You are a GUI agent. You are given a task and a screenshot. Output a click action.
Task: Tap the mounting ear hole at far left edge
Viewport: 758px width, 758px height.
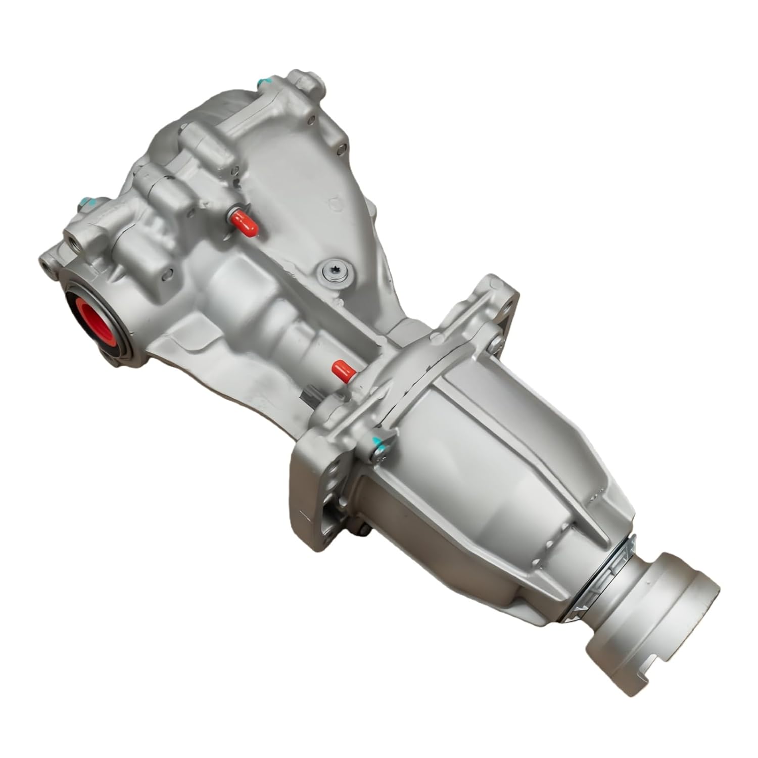click(47, 262)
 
